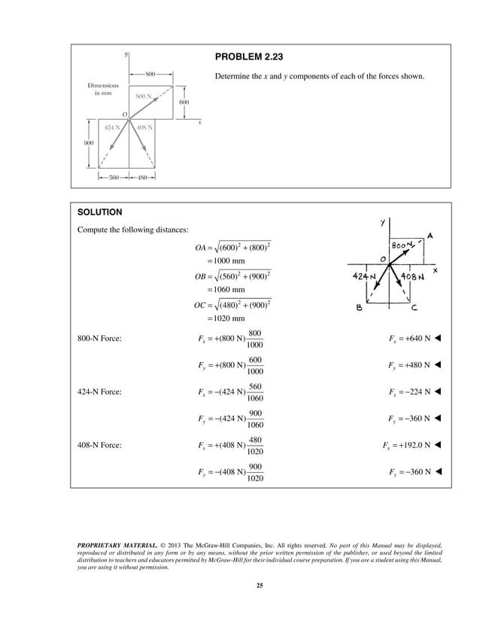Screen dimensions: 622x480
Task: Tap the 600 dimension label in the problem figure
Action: pos(184,102)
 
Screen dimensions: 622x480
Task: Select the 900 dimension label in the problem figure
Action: pos(89,142)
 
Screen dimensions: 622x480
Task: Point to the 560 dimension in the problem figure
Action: pos(114,178)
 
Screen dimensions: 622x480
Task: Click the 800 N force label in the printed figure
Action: pos(144,97)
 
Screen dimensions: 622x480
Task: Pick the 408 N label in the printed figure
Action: pos(145,127)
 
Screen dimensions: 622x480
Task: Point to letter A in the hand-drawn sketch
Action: pos(430,235)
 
